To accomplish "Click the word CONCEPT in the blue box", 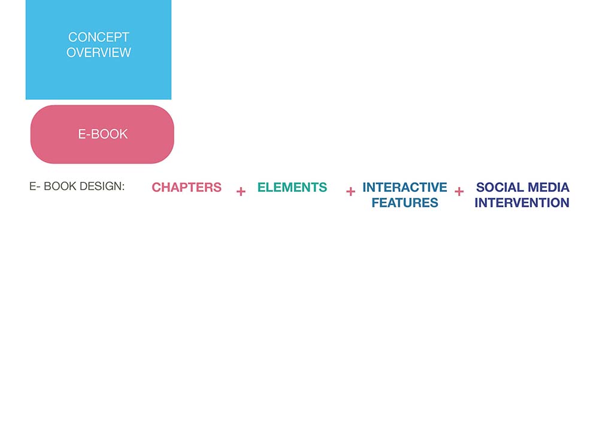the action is pyautogui.click(x=99, y=37).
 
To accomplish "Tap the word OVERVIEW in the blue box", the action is pyautogui.click(x=99, y=52).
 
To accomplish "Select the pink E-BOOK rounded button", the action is pyautogui.click(x=102, y=134).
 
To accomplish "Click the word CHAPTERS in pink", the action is pyautogui.click(x=186, y=187).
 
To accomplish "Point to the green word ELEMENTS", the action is pyautogui.click(x=292, y=187).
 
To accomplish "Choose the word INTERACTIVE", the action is pyautogui.click(x=404, y=187).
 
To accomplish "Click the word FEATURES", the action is pyautogui.click(x=405, y=203).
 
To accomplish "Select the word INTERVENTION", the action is pyautogui.click(x=522, y=203).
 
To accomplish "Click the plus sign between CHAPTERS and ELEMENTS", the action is pyautogui.click(x=241, y=191).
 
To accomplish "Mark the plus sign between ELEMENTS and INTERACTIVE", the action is pyautogui.click(x=350, y=191).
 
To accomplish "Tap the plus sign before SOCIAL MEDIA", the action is pyautogui.click(x=459, y=191).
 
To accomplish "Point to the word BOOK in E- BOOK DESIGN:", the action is pyautogui.click(x=60, y=186).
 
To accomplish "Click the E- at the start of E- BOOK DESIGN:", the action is pyautogui.click(x=35, y=186).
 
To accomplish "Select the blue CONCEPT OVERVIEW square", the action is pyautogui.click(x=99, y=50).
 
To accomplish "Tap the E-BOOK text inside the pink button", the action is pyautogui.click(x=103, y=134).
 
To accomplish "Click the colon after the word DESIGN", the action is pyautogui.click(x=123, y=187).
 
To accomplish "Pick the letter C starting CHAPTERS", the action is pyautogui.click(x=156, y=187).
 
